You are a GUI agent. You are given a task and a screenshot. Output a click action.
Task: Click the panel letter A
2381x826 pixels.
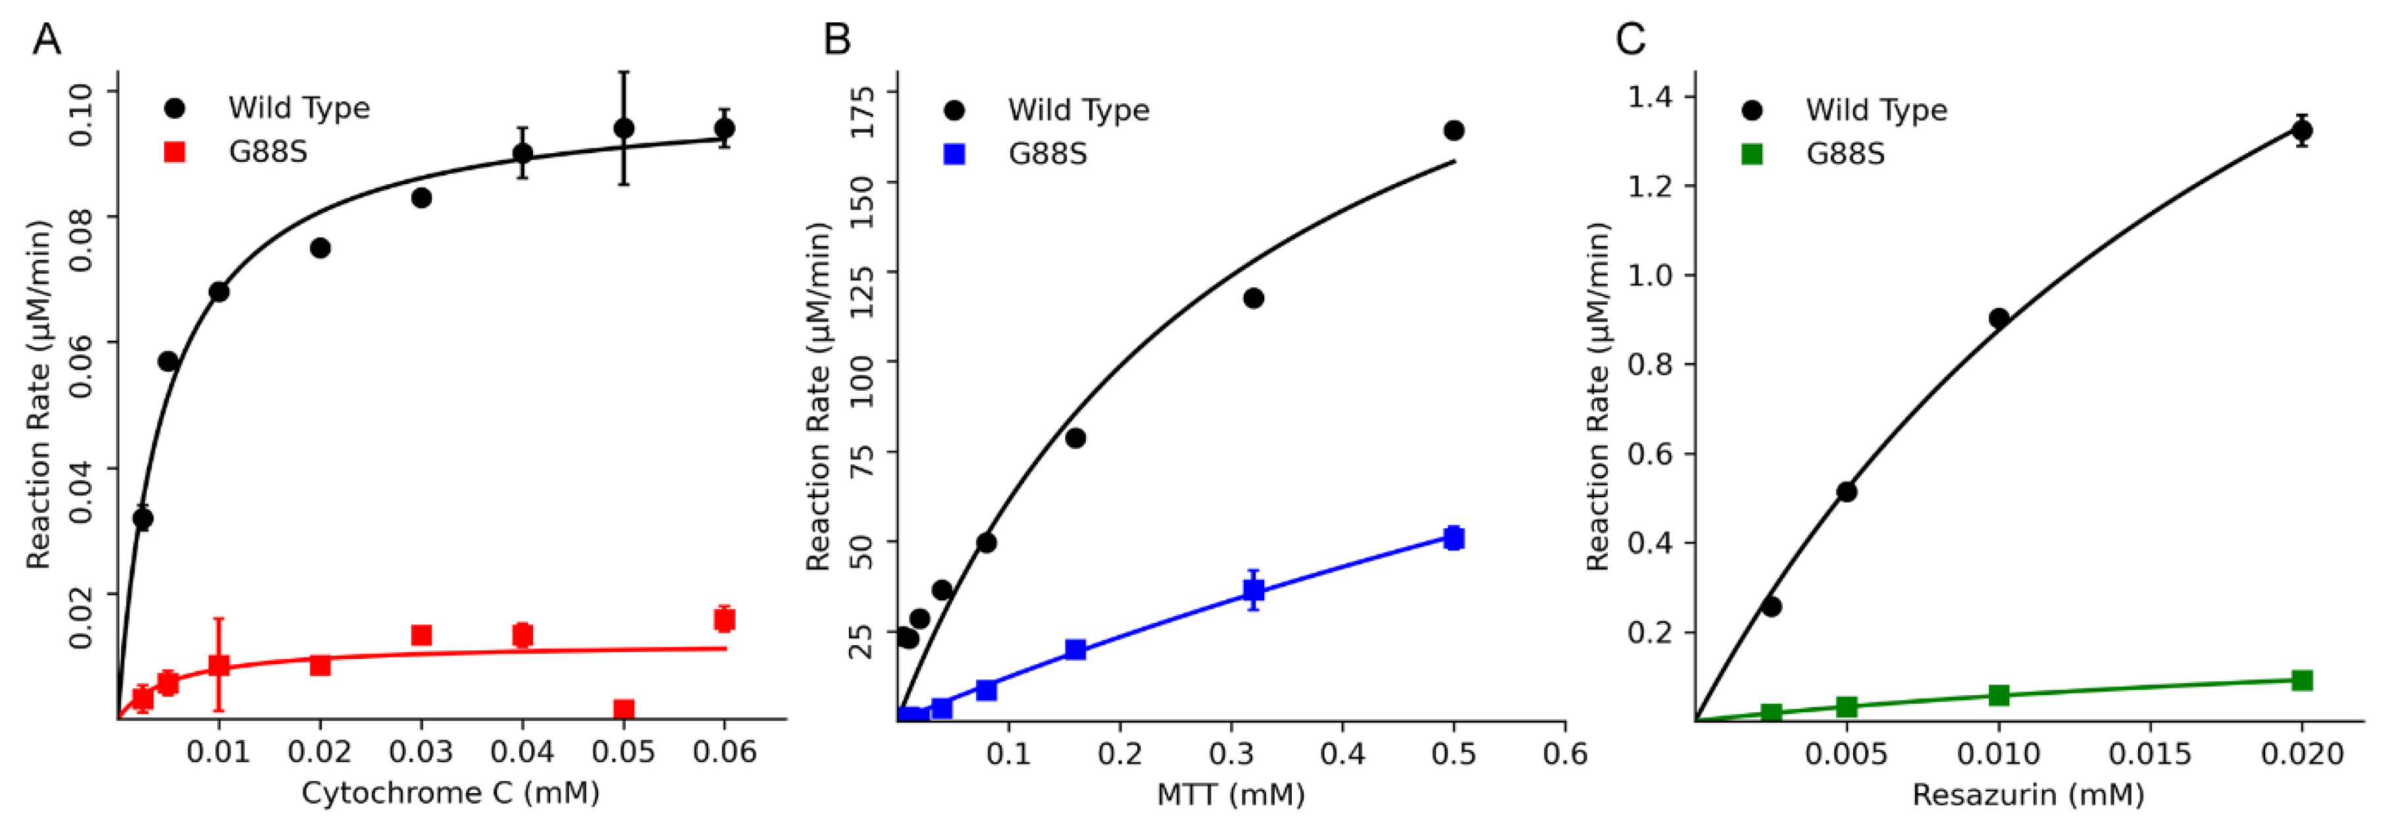point(46,41)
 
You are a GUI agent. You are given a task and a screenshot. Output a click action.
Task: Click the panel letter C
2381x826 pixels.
point(1631,41)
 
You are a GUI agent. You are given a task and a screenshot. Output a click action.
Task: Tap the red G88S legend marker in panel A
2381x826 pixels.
point(174,151)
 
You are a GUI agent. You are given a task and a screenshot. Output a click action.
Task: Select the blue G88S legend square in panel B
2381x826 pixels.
point(954,153)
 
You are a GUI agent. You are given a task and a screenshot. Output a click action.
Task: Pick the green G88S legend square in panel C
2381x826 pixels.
point(1752,153)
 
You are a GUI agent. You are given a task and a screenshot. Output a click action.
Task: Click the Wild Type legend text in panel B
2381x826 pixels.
point(1078,110)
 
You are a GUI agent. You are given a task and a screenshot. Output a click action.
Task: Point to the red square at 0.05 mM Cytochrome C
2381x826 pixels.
point(624,710)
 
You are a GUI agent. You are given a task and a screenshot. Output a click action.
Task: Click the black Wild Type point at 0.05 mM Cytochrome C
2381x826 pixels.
point(624,128)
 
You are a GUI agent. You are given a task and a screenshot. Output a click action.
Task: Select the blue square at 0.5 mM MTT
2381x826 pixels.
point(1454,538)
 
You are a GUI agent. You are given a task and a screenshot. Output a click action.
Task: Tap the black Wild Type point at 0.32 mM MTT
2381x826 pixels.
point(1254,297)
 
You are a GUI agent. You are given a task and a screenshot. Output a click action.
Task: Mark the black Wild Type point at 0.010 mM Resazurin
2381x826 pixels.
point(1999,318)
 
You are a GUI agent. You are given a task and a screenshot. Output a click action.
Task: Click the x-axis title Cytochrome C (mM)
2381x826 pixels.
point(450,792)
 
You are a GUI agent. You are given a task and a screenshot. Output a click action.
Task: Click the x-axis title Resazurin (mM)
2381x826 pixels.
point(2028,794)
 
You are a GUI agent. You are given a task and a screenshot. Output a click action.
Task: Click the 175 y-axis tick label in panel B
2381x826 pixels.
point(861,111)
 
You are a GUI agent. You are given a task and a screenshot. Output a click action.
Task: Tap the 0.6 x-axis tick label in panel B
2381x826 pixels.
point(1565,754)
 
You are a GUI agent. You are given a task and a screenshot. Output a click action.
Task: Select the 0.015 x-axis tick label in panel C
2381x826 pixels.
point(2150,754)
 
